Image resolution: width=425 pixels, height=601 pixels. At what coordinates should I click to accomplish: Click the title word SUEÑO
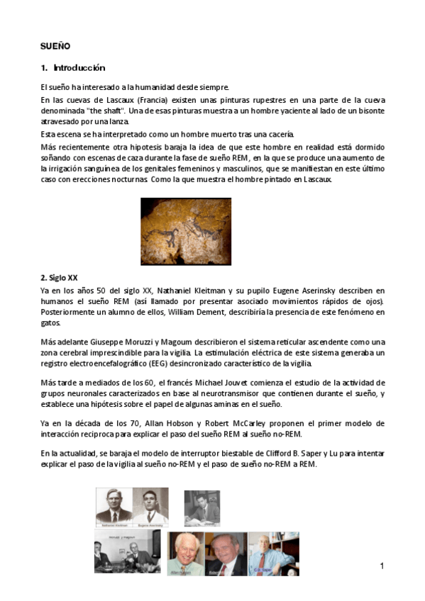coord(55,45)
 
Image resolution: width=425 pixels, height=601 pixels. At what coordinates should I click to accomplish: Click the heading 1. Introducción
coord(73,68)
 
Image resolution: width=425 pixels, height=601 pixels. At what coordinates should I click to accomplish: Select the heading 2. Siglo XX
coord(60,277)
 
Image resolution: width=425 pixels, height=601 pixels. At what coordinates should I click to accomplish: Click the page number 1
coord(382,566)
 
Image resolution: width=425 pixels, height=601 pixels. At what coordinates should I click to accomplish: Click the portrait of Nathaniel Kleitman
coord(114,505)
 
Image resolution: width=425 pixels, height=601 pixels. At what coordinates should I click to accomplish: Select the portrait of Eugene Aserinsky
coord(150,505)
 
